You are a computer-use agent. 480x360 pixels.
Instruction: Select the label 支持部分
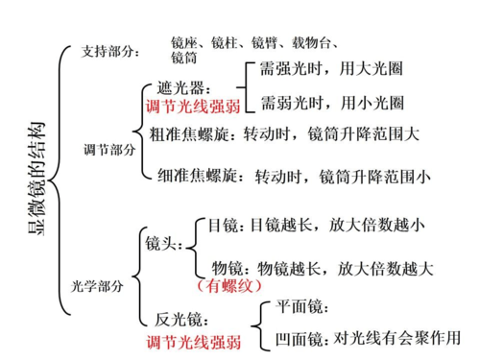[108, 52]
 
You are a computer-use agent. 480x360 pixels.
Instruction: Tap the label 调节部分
[108, 150]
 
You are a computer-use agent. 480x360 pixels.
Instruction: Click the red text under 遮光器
[192, 105]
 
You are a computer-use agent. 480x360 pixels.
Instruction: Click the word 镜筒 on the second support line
[185, 60]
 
